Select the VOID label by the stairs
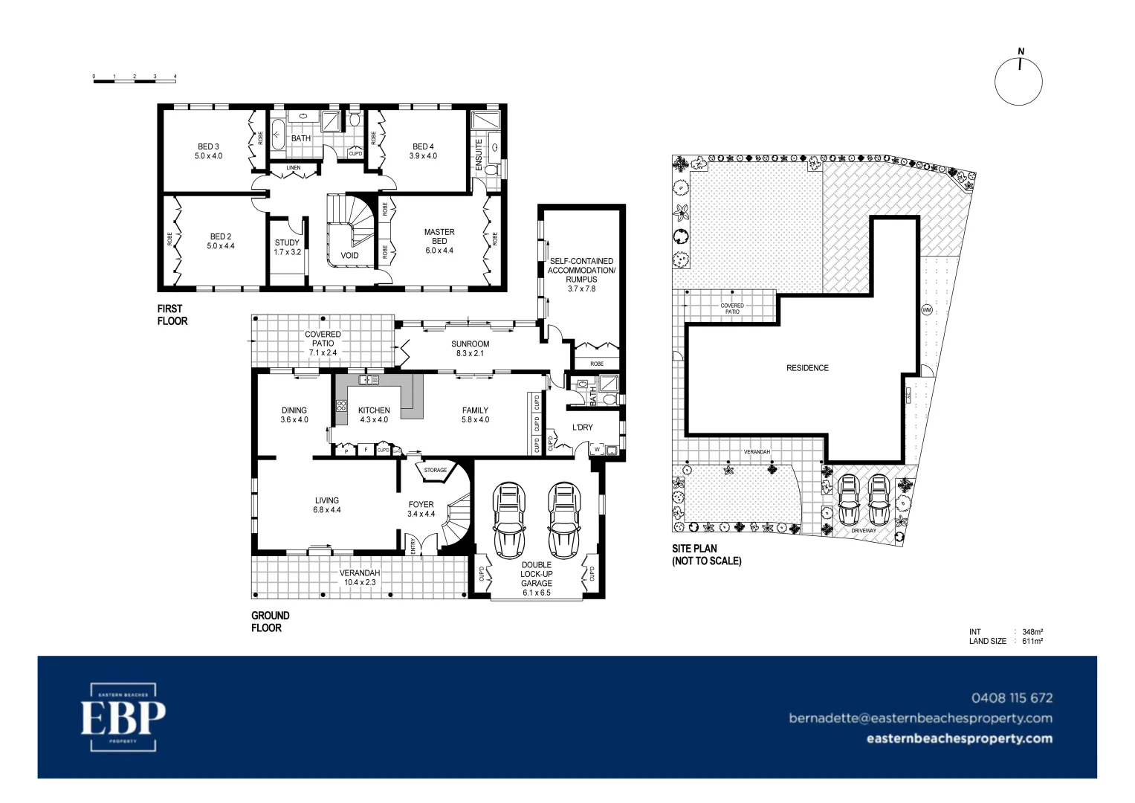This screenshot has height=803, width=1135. pyautogui.click(x=349, y=255)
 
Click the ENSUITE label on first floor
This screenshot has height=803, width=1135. pyautogui.click(x=479, y=154)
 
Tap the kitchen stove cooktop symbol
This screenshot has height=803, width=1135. pyautogui.click(x=341, y=406)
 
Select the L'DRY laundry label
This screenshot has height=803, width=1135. pyautogui.click(x=583, y=428)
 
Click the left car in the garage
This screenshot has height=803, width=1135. pyautogui.click(x=509, y=520)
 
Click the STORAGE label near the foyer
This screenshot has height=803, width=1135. pyautogui.click(x=436, y=470)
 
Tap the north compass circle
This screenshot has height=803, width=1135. pyautogui.click(x=1018, y=82)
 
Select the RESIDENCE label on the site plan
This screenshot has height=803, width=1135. pyautogui.click(x=807, y=368)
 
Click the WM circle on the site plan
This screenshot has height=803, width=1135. pyautogui.click(x=927, y=309)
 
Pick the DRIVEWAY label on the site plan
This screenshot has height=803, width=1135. pyautogui.click(x=863, y=531)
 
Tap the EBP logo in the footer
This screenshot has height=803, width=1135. pyautogui.click(x=123, y=717)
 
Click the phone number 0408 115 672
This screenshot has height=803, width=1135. pyautogui.click(x=1012, y=697)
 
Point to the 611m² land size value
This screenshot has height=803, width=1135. pyautogui.click(x=1032, y=641)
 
